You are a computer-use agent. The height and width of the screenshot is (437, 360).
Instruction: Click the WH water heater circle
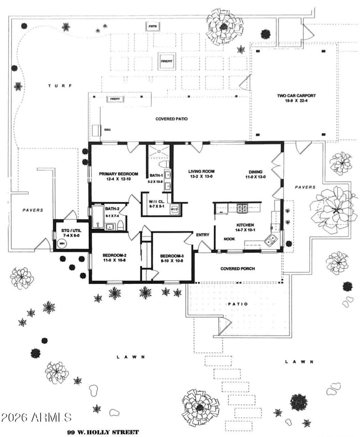pyautogui.click(x=62, y=243)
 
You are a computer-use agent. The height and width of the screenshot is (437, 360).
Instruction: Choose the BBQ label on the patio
pyautogui.click(x=107, y=130)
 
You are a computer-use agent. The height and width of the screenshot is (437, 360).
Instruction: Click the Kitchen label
pyautogui.click(x=246, y=225)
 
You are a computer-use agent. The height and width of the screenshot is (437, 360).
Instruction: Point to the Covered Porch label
pyautogui.click(x=238, y=269)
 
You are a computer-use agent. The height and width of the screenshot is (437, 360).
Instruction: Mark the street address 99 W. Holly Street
pyautogui.click(x=103, y=432)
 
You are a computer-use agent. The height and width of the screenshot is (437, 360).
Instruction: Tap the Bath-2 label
pyautogui.click(x=111, y=209)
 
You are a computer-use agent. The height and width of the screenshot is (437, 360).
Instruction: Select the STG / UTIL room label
pyautogui.click(x=71, y=231)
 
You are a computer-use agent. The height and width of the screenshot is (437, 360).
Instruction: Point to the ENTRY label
pyautogui.click(x=201, y=235)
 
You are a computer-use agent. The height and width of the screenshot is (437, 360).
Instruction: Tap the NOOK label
pyautogui.click(x=230, y=239)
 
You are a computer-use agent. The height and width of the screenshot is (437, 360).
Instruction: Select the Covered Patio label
pyautogui.click(x=171, y=119)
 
